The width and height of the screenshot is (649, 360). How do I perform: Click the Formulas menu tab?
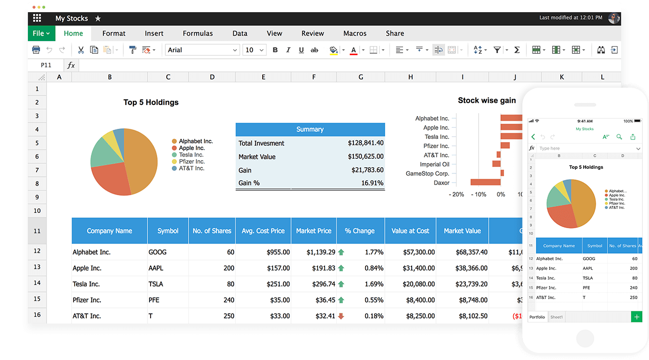(198, 33)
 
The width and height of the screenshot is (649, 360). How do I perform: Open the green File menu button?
(41, 33)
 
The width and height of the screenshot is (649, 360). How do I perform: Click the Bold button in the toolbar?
(275, 50)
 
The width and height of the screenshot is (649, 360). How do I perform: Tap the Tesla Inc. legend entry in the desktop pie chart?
(191, 155)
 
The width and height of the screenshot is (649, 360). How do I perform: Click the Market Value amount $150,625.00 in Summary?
(366, 157)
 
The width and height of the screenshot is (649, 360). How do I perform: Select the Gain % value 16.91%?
(372, 183)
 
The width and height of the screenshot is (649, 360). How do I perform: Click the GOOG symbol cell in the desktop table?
(158, 252)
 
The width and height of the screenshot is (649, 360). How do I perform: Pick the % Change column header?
(360, 231)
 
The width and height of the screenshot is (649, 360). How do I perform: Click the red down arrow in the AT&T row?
(341, 316)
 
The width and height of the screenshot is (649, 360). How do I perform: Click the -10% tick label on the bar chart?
(479, 194)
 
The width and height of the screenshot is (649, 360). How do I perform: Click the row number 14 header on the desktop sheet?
(37, 283)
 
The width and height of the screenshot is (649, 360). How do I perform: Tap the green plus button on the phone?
(636, 317)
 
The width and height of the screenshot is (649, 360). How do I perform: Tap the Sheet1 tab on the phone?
(557, 317)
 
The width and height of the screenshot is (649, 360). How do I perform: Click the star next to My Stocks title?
(98, 18)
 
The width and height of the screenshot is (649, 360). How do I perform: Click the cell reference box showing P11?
(46, 65)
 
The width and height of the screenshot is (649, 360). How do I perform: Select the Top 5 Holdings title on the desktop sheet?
(151, 102)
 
